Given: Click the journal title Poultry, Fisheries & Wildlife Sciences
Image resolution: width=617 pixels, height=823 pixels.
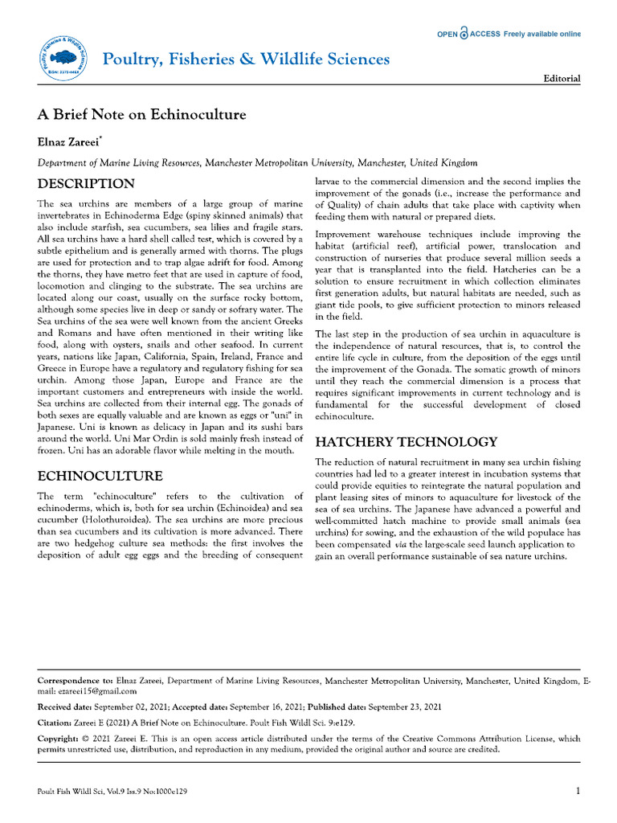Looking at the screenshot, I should [x=246, y=59].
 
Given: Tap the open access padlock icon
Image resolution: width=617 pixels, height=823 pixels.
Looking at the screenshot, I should [x=464, y=34].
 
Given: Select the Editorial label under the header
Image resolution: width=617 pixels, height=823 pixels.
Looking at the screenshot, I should [x=562, y=79].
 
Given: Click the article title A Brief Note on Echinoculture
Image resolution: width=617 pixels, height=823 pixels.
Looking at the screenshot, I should [x=142, y=114].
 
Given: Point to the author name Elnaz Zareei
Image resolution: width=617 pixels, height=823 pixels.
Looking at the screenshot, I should [x=69, y=141].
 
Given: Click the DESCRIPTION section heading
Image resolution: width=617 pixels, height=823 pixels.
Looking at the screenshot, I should [x=86, y=183].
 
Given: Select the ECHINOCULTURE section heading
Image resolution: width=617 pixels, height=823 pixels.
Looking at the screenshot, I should [x=100, y=476].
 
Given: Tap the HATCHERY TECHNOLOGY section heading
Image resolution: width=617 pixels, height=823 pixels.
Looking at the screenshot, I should [x=406, y=442].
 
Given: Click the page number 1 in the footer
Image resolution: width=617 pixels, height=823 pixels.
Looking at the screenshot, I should [x=578, y=792].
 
